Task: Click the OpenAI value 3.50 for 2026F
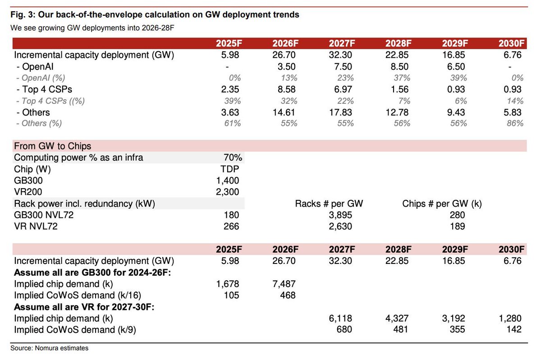tap(286, 66)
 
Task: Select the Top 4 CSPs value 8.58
tap(286, 89)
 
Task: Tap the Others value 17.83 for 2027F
tap(340, 112)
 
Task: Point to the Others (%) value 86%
tap(515, 124)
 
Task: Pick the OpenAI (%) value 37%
tap(402, 78)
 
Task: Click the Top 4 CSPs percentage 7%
tap(404, 101)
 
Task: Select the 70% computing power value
tap(233, 157)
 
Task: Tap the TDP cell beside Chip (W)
tap(229, 169)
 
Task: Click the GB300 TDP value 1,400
tap(228, 180)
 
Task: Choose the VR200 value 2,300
tap(228, 192)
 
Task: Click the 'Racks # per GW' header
tap(329, 203)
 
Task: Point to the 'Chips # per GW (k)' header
tap(442, 203)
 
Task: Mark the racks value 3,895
tap(340, 215)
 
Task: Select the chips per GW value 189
tap(458, 226)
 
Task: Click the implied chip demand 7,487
tap(284, 284)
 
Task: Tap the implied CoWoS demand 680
tap(344, 330)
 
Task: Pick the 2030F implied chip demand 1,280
tap(510, 318)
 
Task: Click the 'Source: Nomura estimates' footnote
tap(49, 348)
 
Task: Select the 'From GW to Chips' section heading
tap(52, 146)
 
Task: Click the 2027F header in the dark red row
tap(342, 43)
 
